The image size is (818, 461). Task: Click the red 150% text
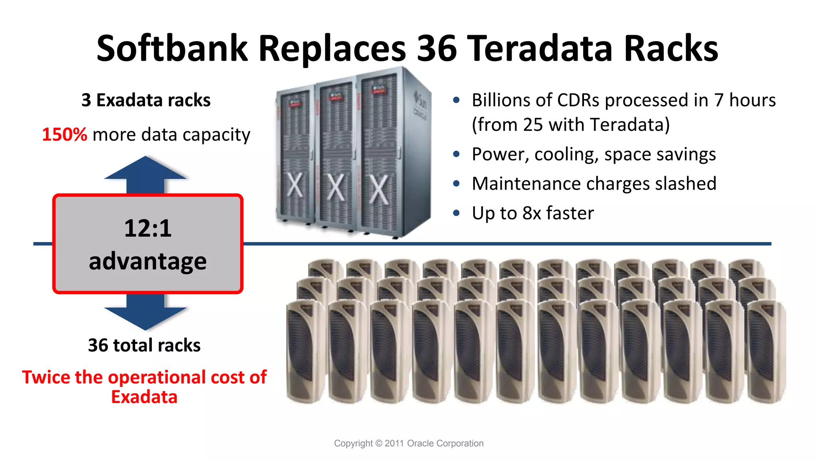[64, 135]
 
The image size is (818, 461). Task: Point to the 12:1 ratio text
[148, 228]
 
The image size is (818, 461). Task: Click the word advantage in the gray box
[148, 261]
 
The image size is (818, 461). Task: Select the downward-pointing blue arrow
[145, 314]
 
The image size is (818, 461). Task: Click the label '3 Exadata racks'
[146, 100]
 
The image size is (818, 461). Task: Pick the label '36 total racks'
[144, 345]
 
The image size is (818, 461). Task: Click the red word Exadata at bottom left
[144, 397]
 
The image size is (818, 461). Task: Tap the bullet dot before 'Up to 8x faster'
[457, 213]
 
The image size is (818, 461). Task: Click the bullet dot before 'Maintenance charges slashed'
[457, 184]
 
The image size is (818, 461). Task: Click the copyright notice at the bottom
[409, 443]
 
